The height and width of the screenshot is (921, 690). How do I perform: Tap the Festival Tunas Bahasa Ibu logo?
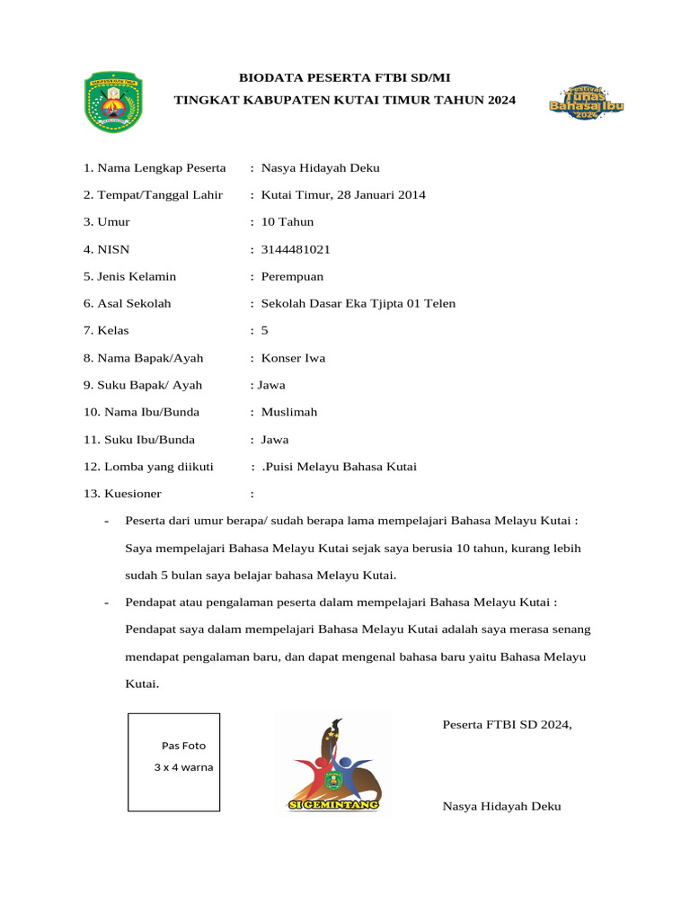(586, 103)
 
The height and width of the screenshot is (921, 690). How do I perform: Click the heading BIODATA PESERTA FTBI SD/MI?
(345, 79)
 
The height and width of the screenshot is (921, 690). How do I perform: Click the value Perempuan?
(292, 276)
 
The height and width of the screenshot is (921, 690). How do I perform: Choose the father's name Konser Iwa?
(293, 358)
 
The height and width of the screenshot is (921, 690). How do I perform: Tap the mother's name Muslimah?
(288, 412)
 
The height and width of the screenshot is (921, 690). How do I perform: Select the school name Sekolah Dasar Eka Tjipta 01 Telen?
(358, 303)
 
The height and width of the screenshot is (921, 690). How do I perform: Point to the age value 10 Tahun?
(287, 221)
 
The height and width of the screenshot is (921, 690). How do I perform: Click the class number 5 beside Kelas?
(264, 331)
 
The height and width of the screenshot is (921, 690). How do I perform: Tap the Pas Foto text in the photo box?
(183, 746)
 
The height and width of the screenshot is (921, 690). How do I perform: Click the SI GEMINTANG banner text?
(333, 805)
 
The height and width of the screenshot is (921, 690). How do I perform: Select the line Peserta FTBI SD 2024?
(507, 724)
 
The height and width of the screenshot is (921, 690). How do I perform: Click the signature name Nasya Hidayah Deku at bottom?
(501, 806)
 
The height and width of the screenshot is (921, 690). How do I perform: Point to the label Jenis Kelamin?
(137, 276)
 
